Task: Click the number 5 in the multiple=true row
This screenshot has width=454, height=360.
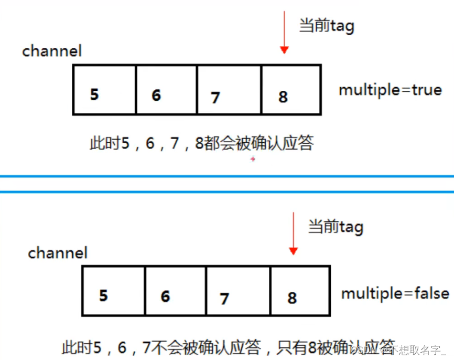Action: [94, 95]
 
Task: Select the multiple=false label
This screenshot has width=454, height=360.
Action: [395, 293]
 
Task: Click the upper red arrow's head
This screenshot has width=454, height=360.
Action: [284, 50]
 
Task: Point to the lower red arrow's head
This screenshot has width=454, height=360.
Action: [293, 251]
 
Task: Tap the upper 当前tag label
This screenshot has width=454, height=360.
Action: [326, 26]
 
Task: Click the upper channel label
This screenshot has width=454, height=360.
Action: [52, 51]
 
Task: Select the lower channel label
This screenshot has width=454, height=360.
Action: [58, 253]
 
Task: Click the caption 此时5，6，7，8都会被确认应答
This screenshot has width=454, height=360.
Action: [201, 143]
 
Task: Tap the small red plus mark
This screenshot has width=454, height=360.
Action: [253, 159]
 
